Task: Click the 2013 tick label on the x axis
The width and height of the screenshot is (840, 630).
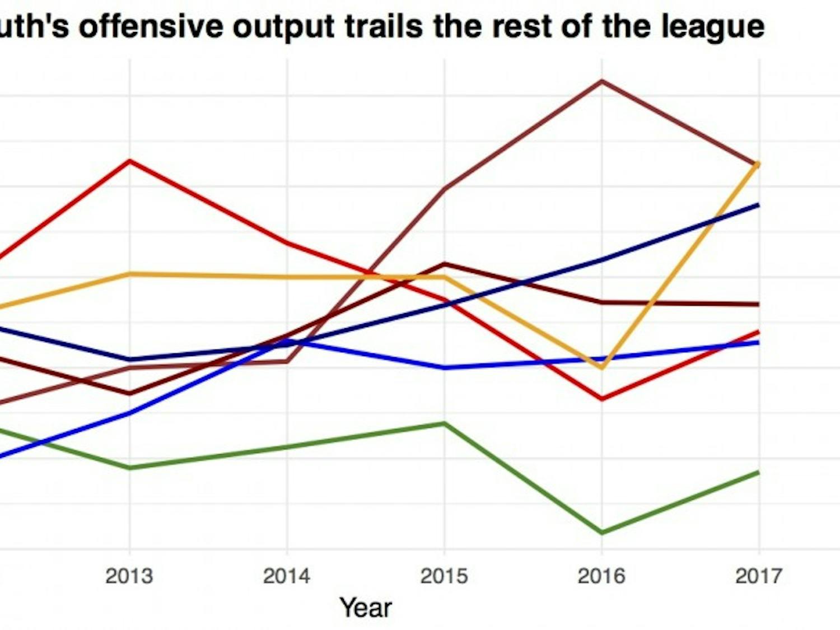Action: [x=129, y=576]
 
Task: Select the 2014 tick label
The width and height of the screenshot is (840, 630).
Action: [x=286, y=576]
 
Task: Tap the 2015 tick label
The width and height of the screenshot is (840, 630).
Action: [x=444, y=576]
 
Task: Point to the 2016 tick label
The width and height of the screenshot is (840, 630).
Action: [x=601, y=576]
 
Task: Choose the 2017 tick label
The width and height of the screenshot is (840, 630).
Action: [x=759, y=576]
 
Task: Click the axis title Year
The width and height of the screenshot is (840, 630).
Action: [x=366, y=608]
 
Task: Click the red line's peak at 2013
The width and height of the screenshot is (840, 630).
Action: [x=130, y=161]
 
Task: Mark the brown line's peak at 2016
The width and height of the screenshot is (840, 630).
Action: [x=602, y=81]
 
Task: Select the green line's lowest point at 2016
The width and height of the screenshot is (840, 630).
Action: [x=602, y=533]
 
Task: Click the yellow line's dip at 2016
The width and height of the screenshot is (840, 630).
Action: [x=602, y=368]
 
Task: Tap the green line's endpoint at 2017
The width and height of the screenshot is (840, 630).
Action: [x=759, y=473]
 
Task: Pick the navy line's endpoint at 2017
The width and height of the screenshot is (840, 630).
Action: [x=759, y=205]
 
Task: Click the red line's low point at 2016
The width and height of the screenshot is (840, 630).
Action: [x=602, y=399]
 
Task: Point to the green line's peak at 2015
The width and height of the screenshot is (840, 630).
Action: [x=445, y=423]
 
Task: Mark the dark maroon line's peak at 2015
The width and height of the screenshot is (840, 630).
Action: [x=445, y=264]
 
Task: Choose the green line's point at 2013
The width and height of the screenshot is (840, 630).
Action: [x=130, y=468]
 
